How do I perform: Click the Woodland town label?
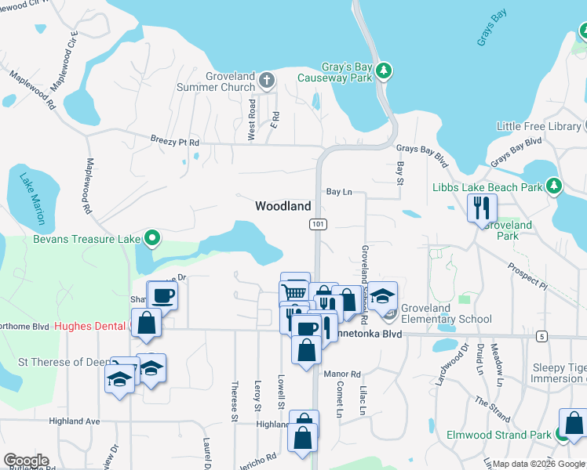(x=283, y=206)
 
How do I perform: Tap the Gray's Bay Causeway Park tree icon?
(x=384, y=70)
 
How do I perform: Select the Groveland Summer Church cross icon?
(x=267, y=79)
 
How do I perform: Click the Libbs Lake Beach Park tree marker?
(x=555, y=186)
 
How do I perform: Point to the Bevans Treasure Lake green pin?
(x=153, y=238)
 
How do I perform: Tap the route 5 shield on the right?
(x=542, y=336)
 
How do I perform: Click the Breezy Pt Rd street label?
(x=175, y=142)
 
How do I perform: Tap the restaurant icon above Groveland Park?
(x=481, y=208)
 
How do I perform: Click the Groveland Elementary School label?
(x=446, y=313)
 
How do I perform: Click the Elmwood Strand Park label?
(x=498, y=435)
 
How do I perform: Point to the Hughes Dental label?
(x=91, y=326)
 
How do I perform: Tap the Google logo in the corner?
(x=26, y=461)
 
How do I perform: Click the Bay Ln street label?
(x=338, y=191)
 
